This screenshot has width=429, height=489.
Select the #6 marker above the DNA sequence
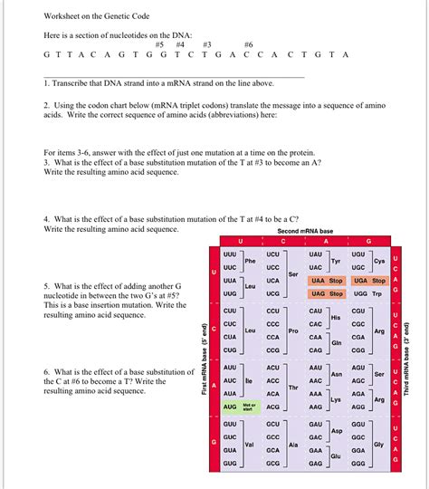(x=249, y=43)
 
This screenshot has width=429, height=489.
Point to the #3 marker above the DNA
(x=206, y=43)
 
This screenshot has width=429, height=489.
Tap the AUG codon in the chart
(x=230, y=407)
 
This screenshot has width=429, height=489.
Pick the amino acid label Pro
(x=292, y=331)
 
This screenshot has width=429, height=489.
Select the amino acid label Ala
(x=293, y=445)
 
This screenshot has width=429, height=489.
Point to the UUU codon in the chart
(x=230, y=255)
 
